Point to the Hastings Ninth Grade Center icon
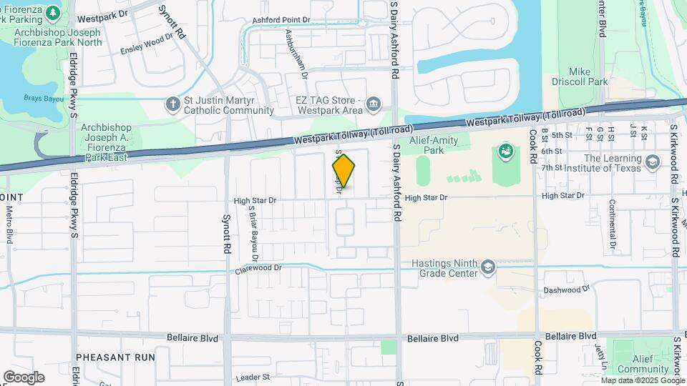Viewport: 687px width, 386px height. point(488,268)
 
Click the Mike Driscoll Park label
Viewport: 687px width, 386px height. point(588,76)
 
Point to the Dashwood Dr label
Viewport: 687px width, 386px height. point(565,289)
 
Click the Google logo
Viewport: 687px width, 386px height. point(24,377)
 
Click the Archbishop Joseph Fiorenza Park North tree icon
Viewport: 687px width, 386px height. point(53,14)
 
